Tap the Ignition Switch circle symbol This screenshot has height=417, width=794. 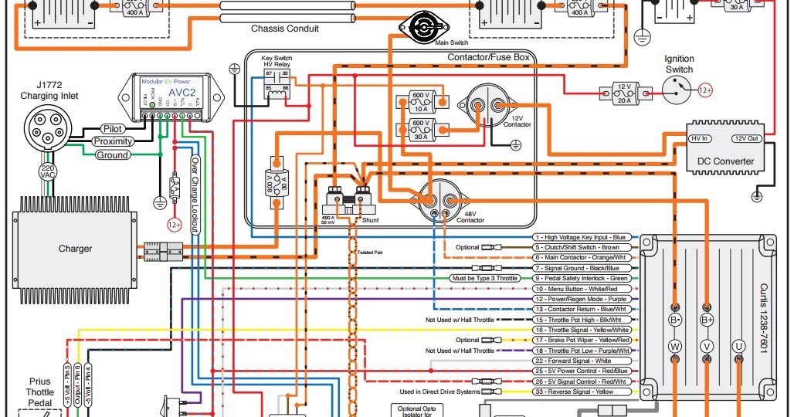(x=680, y=91)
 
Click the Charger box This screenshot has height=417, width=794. (x=75, y=249)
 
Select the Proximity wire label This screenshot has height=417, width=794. (x=113, y=141)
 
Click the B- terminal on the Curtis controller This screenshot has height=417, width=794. (x=675, y=319)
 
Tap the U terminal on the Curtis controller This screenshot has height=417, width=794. (x=738, y=347)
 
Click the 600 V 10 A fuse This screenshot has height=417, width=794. (x=421, y=100)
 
